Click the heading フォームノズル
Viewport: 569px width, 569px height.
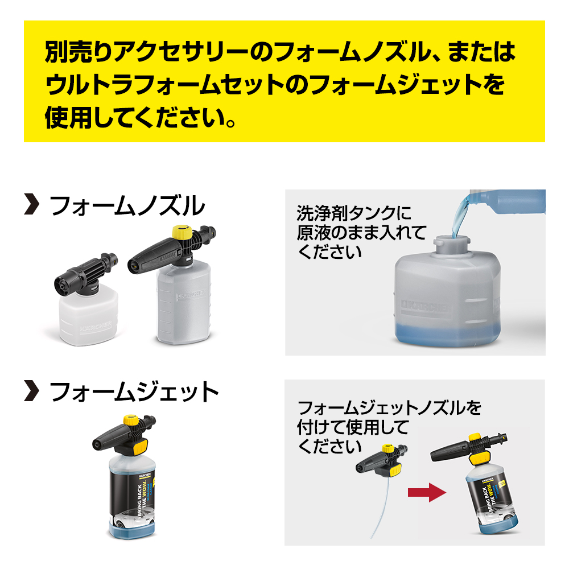click(127, 205)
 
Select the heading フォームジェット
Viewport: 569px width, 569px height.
click(134, 392)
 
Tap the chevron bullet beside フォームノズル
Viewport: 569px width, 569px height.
click(32, 205)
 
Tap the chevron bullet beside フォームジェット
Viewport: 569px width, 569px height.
click(32, 392)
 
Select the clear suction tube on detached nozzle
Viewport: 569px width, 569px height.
click(380, 506)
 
